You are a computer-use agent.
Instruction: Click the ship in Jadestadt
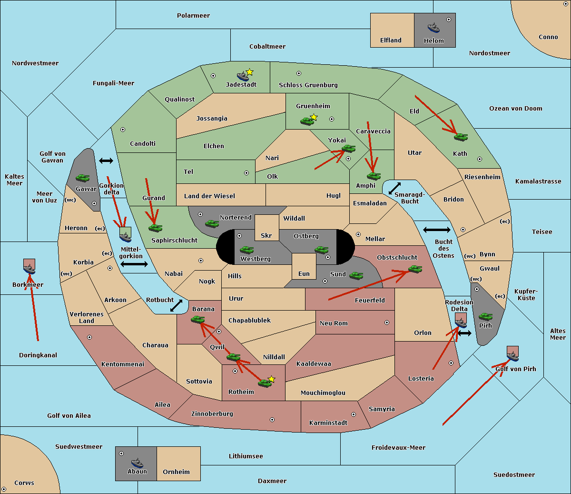[x=243, y=76]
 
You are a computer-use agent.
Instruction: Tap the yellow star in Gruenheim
[x=314, y=117]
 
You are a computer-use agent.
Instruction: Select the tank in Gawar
[x=83, y=178]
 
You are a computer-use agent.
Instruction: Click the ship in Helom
[x=433, y=28]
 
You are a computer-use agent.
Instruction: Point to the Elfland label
[x=391, y=40]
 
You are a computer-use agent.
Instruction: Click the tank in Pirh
[x=485, y=317]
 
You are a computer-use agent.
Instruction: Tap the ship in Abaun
[x=137, y=463]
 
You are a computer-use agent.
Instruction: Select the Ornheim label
[x=176, y=472]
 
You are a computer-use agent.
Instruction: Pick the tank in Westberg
[x=246, y=250]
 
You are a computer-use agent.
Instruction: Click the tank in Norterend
[x=212, y=223]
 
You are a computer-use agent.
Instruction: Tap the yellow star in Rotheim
[x=272, y=379]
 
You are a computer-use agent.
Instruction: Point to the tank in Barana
[x=197, y=320]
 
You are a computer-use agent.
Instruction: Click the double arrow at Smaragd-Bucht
[x=395, y=189]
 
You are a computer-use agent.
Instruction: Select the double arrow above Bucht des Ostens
[x=436, y=230]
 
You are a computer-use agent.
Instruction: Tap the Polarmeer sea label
[x=193, y=16]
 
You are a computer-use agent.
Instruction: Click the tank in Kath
[x=460, y=137]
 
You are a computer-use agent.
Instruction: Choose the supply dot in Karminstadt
[x=354, y=414]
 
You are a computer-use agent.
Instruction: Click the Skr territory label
[x=266, y=236]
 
